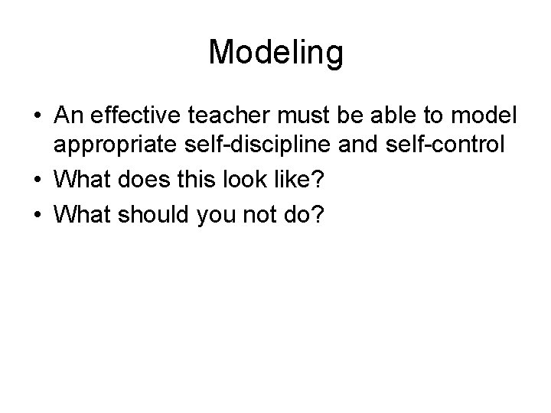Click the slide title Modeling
275,54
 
